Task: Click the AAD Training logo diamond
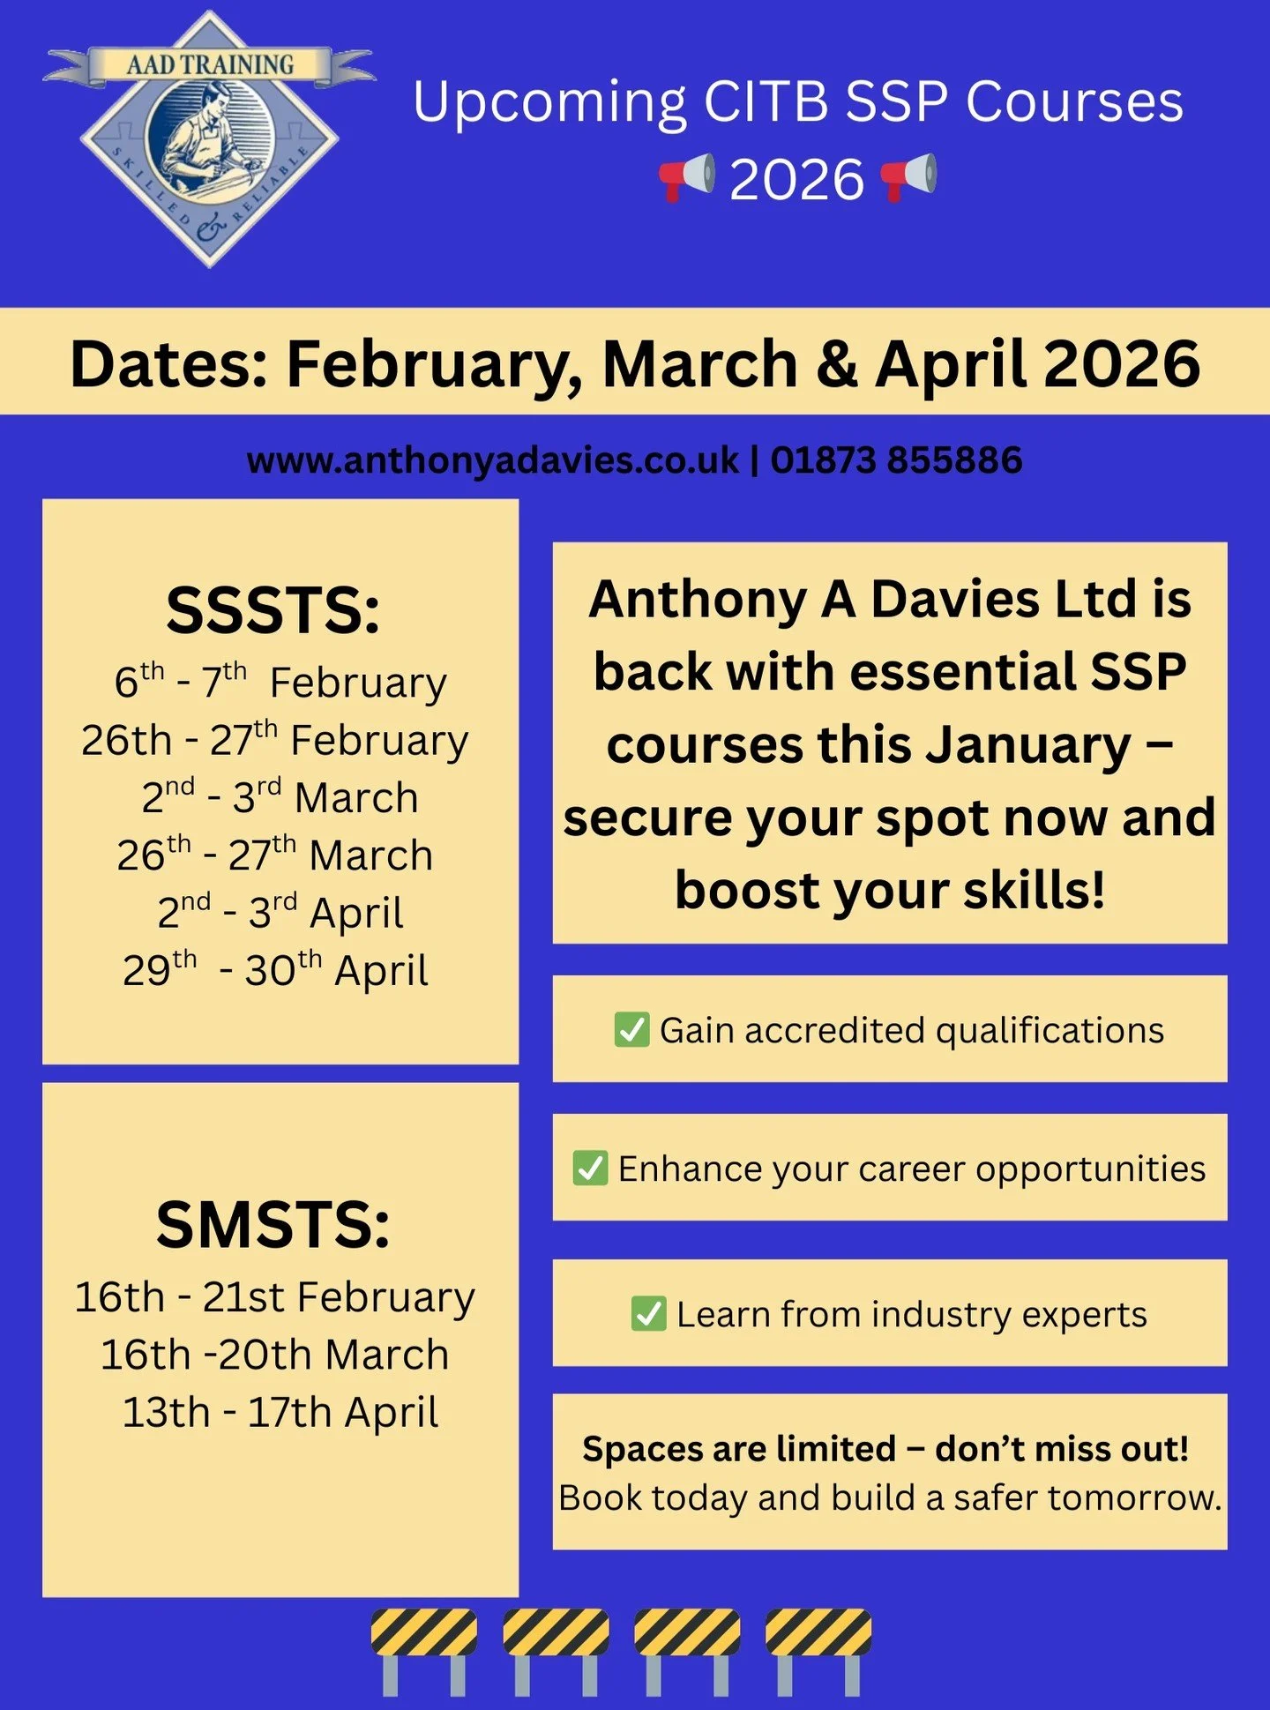209,139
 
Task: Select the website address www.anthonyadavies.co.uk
492,460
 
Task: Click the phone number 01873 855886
896,460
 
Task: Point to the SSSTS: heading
273,610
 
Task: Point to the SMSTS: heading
273,1225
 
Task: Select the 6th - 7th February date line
280,682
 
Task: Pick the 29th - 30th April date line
275,970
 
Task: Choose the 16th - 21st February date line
275,1297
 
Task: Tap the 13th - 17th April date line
280,1412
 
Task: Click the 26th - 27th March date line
275,855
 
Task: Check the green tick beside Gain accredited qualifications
631,1029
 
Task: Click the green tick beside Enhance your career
590,1168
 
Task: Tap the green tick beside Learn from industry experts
649,1313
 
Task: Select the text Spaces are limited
739,1449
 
